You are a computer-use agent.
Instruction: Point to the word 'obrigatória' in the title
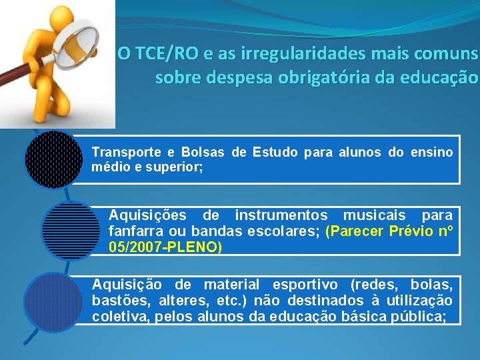(x=309, y=78)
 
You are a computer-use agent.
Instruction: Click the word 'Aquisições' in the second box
(x=147, y=215)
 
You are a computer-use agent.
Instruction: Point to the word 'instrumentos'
(x=281, y=215)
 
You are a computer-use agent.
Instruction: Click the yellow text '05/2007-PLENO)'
(x=165, y=247)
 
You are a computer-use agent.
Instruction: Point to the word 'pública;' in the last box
(x=421, y=316)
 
